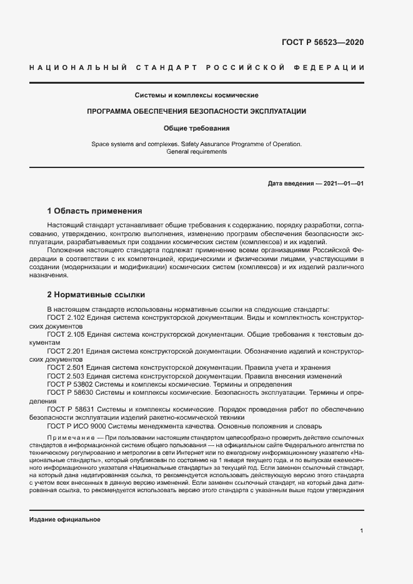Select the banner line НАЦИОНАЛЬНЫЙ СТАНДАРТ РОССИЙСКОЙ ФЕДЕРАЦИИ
tap(197, 67)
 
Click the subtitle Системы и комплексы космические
tap(197, 96)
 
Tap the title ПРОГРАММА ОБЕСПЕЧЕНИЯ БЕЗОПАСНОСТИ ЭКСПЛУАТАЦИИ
tap(197, 111)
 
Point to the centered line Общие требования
tap(197, 128)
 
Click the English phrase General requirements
tap(197, 152)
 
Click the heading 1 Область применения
tap(95, 211)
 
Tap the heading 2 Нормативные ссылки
tap(97, 295)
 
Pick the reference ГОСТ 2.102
tap(66, 318)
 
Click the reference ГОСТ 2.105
tap(66, 335)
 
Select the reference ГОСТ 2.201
tap(66, 352)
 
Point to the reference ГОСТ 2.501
tap(66, 368)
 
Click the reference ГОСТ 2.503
tap(66, 377)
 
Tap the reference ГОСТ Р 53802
tap(70, 385)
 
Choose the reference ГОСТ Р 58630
tap(70, 393)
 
